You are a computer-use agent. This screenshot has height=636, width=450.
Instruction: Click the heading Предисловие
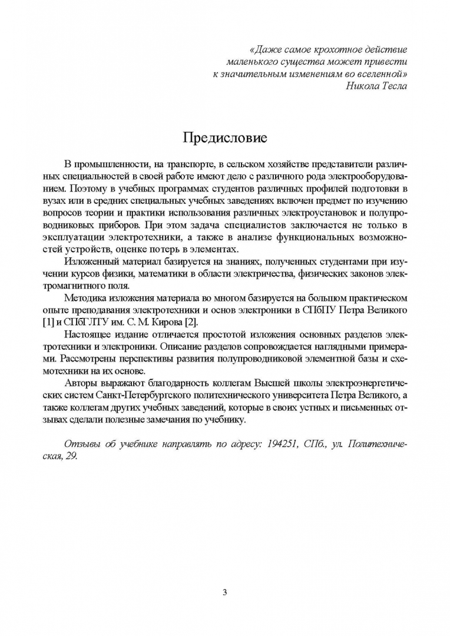(x=225, y=138)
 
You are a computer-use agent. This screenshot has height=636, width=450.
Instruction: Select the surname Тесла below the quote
(x=393, y=86)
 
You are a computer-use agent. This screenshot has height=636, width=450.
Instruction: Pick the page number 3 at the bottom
(x=224, y=592)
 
